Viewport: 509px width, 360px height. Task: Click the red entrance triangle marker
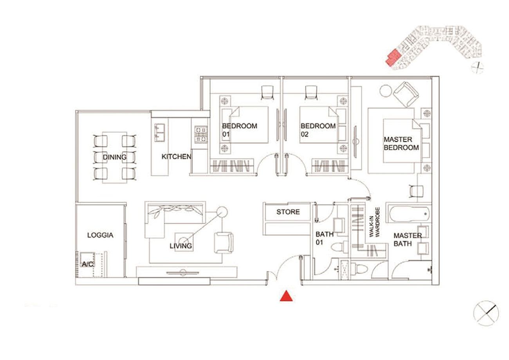tap(286, 296)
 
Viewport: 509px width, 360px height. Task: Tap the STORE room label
tap(288, 212)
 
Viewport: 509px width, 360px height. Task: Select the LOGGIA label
tap(100, 235)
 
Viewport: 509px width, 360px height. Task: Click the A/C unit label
tap(87, 264)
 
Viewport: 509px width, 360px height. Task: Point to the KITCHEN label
tap(176, 156)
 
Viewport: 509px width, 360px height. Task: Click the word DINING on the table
tap(114, 157)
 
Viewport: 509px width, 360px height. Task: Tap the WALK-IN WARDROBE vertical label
tap(374, 222)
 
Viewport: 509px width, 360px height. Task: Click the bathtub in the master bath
tap(409, 214)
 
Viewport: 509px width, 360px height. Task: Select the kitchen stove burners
tap(201, 134)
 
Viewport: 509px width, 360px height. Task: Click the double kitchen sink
tap(159, 133)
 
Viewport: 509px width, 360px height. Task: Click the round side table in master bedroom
tap(386, 90)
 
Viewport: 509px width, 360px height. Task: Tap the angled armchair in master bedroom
tap(406, 94)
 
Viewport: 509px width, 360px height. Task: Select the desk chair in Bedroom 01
tap(267, 92)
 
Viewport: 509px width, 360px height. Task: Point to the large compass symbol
tap(486, 313)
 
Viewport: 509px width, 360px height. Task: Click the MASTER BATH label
tap(408, 239)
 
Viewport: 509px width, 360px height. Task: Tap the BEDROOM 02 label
tap(318, 130)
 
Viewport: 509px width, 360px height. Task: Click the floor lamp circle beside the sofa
tap(222, 212)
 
